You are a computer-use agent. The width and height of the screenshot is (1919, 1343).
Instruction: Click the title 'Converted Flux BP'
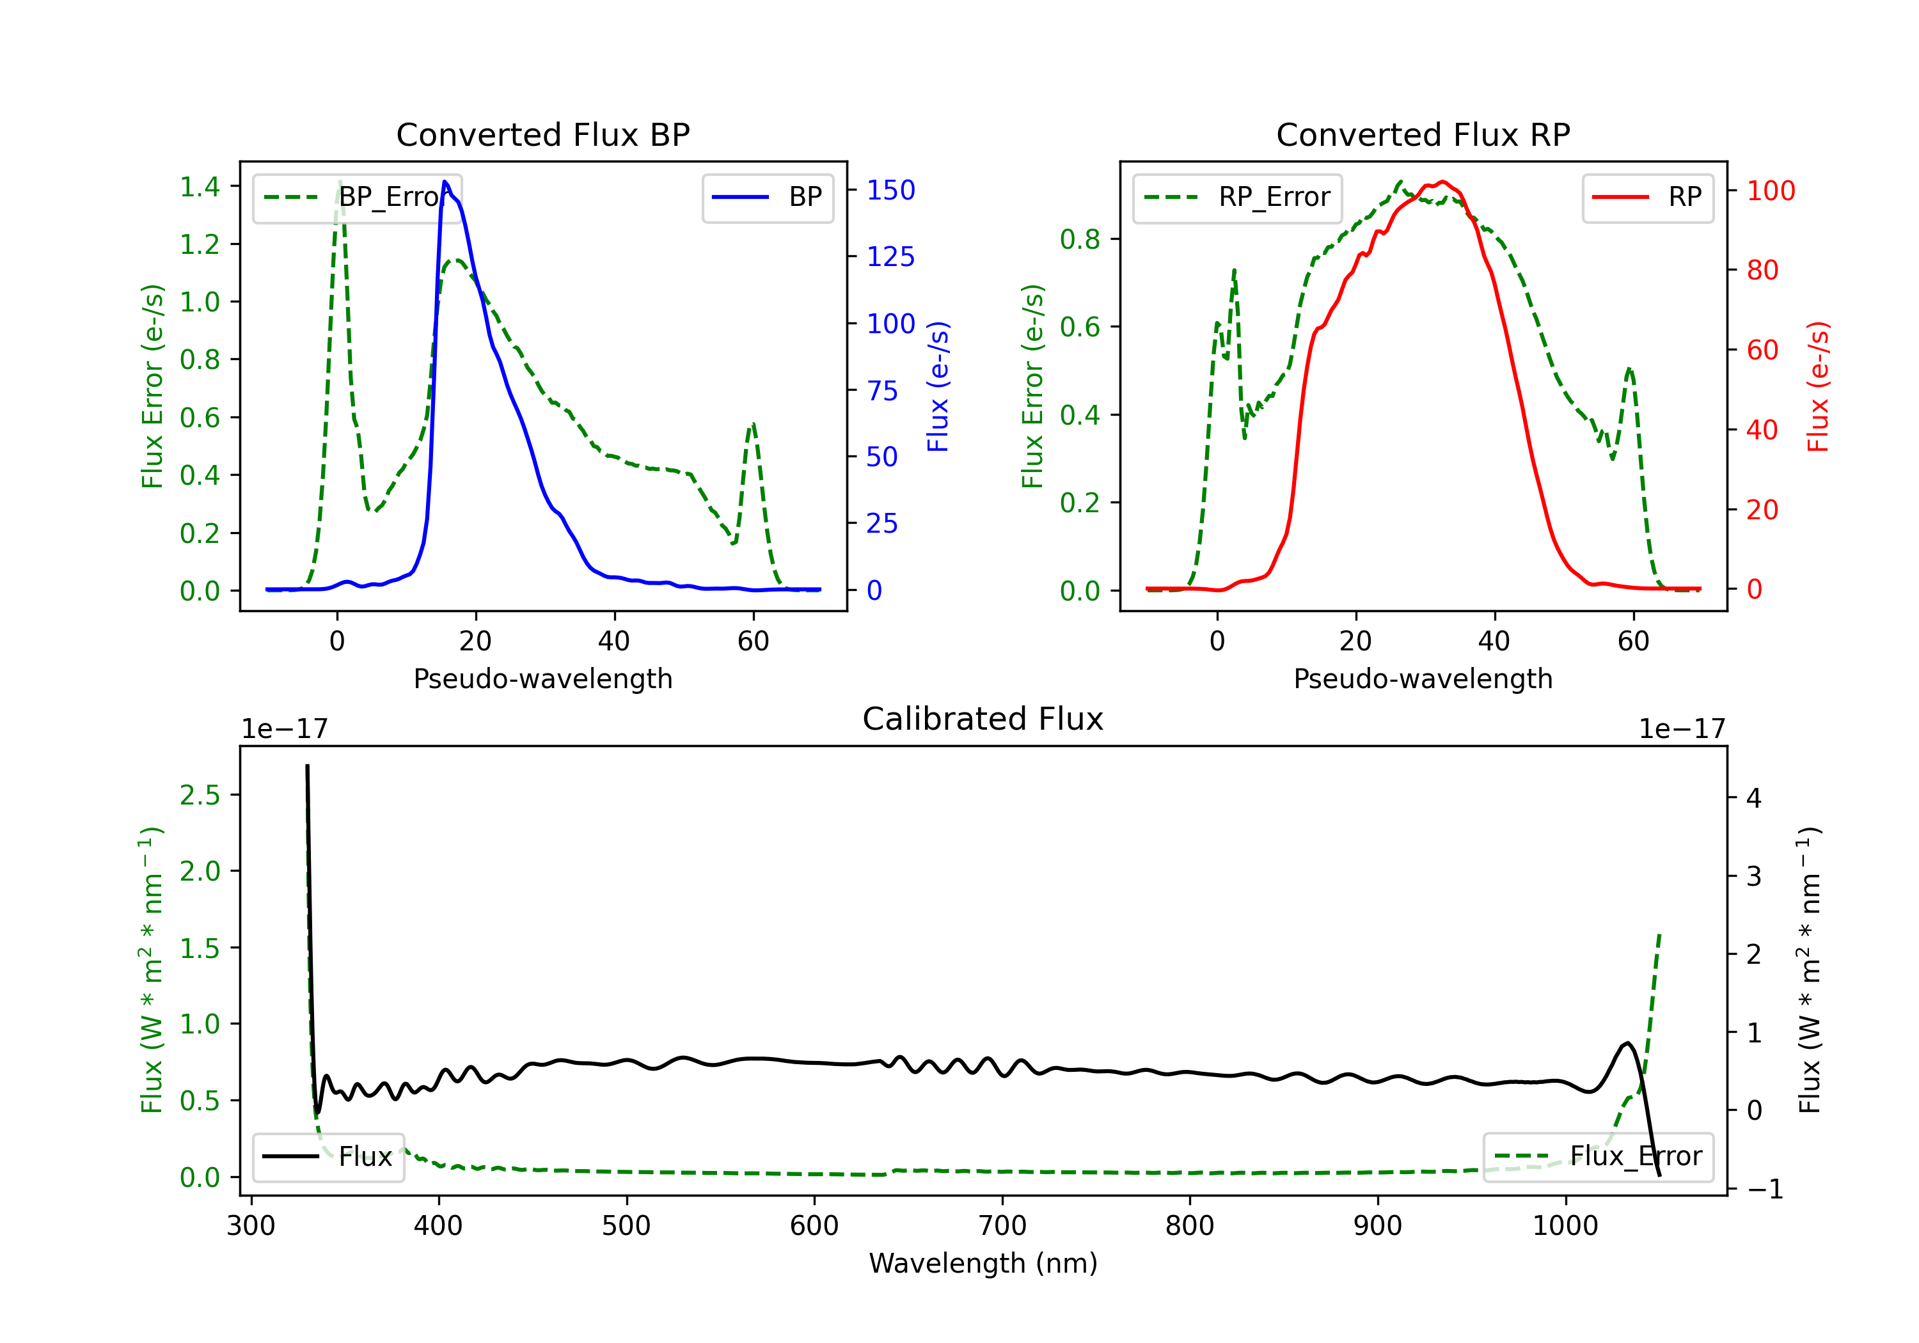pyautogui.click(x=542, y=134)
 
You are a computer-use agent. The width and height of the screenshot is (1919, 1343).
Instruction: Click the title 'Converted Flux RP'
pyautogui.click(x=1423, y=134)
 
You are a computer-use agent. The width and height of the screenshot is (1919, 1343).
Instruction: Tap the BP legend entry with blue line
pyautogui.click(x=767, y=197)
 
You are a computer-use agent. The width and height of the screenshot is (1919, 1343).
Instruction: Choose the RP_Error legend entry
pyautogui.click(x=1237, y=197)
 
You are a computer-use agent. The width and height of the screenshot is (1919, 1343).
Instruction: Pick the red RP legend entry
pyautogui.click(x=1647, y=197)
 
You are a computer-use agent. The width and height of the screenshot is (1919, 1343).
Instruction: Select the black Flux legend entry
pyautogui.click(x=329, y=1157)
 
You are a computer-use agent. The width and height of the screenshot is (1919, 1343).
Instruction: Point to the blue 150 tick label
pyautogui.click(x=890, y=191)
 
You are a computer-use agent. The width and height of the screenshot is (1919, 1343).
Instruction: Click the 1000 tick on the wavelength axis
pyautogui.click(x=1565, y=1225)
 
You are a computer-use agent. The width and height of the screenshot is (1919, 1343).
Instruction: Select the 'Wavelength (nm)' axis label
pyautogui.click(x=983, y=1263)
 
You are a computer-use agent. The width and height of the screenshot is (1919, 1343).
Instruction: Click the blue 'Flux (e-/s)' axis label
pyautogui.click(x=938, y=386)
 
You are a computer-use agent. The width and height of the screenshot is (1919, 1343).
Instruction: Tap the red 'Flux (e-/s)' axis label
pyautogui.click(x=1818, y=386)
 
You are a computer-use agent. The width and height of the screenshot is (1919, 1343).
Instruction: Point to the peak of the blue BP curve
pyautogui.click(x=445, y=182)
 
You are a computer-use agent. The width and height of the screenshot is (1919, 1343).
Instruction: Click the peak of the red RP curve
pyautogui.click(x=1442, y=182)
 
